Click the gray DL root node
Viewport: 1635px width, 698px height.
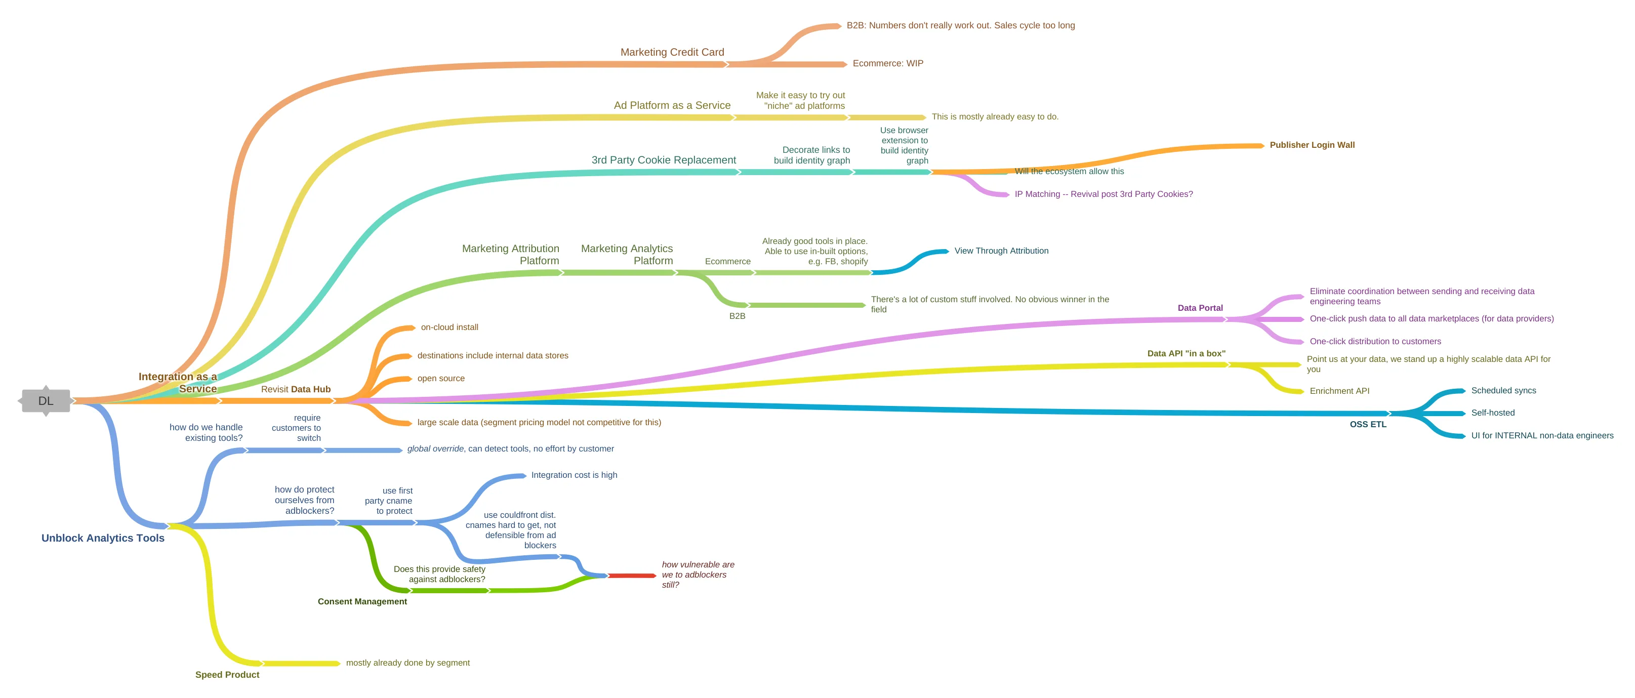[46, 401]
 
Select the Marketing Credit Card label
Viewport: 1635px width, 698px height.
[672, 52]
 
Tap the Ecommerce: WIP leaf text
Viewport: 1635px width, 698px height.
[887, 63]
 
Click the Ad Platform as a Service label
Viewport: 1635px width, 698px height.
[672, 105]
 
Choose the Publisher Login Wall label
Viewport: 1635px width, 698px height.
[1312, 145]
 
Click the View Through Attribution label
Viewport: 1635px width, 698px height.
[1001, 251]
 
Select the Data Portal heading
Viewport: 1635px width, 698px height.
[1200, 308]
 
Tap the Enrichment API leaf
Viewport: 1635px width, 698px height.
[1339, 391]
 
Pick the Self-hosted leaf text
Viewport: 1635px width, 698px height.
[1492, 413]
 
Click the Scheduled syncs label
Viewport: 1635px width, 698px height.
[1503, 390]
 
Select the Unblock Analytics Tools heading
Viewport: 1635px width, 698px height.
[103, 538]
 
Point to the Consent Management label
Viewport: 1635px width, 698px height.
[362, 601]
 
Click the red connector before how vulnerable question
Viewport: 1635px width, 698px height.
[632, 576]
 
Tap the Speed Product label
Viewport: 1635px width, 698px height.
[227, 675]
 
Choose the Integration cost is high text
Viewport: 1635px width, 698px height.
[574, 475]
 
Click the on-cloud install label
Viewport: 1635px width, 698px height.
[449, 327]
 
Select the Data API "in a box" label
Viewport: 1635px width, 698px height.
[1186, 353]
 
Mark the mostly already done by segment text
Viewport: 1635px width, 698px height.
[407, 663]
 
